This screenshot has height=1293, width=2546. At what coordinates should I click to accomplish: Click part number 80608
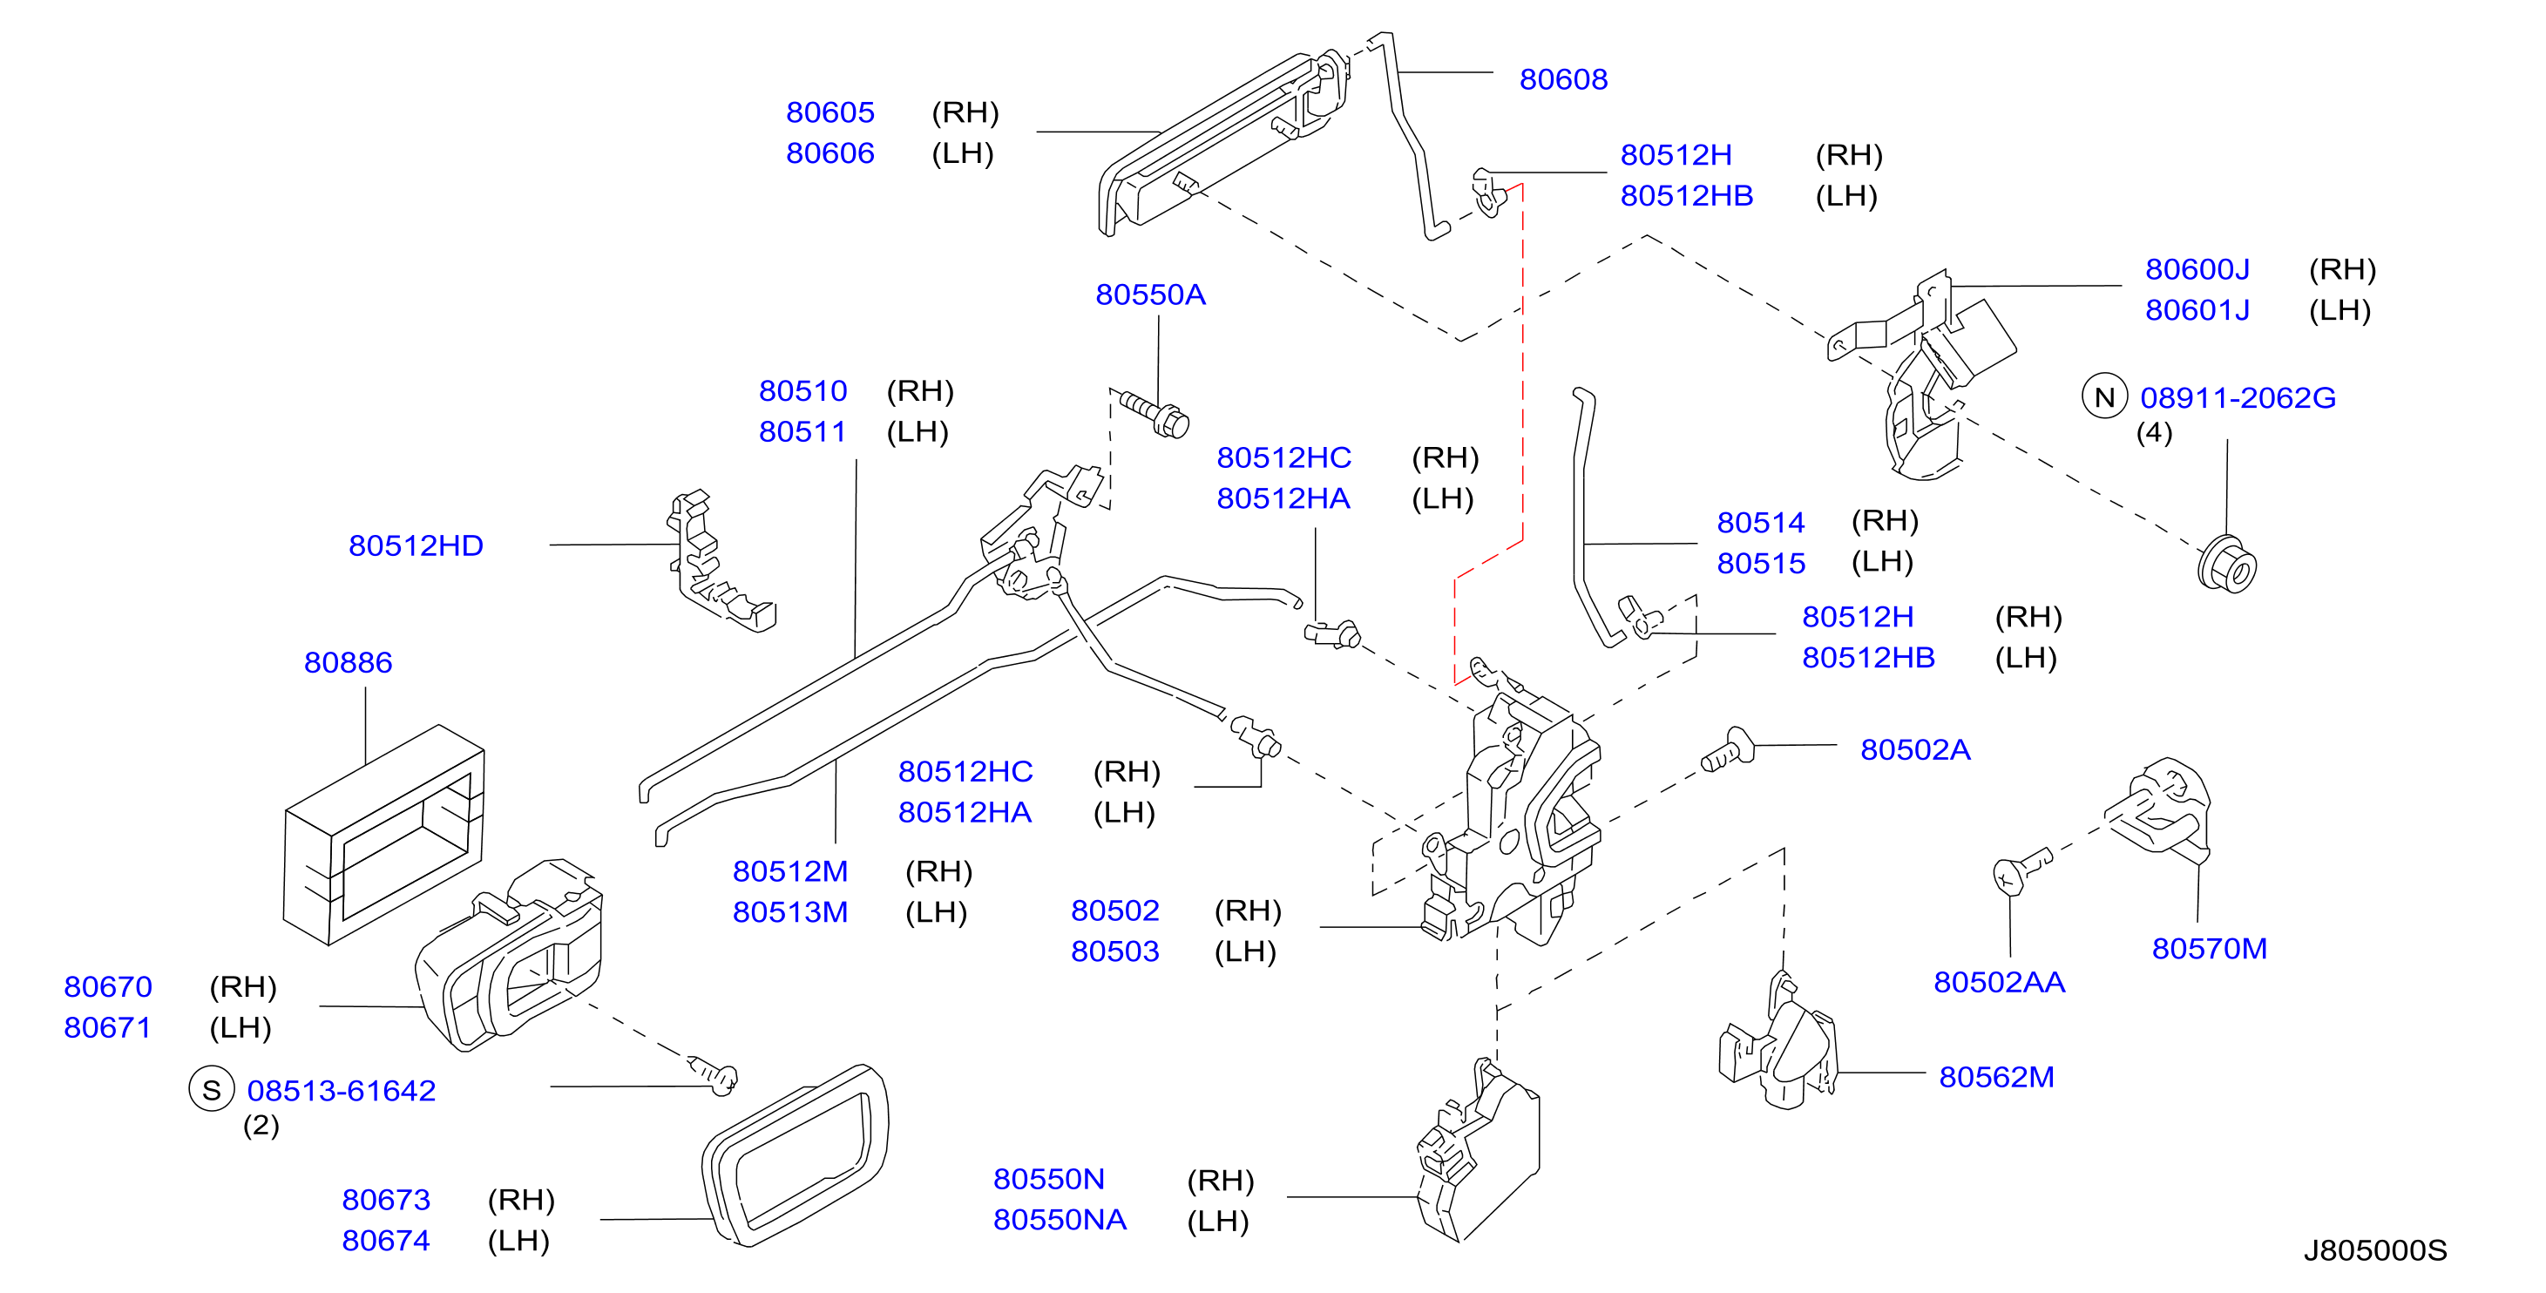coord(1562,79)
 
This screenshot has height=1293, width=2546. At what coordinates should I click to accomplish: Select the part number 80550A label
coord(1149,294)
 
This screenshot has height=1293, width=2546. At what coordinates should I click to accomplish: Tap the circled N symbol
coord(2104,396)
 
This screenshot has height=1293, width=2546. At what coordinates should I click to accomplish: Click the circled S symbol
coord(212,1089)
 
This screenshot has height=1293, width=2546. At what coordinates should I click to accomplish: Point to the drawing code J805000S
coord(2375,1250)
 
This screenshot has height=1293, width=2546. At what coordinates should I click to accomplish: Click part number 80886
coord(348,662)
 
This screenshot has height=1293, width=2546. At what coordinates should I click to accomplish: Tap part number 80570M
coord(2209,949)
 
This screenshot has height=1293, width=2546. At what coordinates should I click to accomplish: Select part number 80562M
coord(1995,1077)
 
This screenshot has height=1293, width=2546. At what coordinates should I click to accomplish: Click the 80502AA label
coord(1999,983)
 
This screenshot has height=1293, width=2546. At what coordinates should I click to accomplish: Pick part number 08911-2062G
coord(2238,397)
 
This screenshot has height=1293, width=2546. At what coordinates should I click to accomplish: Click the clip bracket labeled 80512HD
coord(720,561)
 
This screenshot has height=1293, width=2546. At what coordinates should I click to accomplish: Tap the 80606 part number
coord(830,153)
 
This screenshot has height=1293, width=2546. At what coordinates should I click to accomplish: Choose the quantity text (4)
coord(2154,433)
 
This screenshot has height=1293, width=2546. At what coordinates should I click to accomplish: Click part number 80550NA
coord(1060,1220)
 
